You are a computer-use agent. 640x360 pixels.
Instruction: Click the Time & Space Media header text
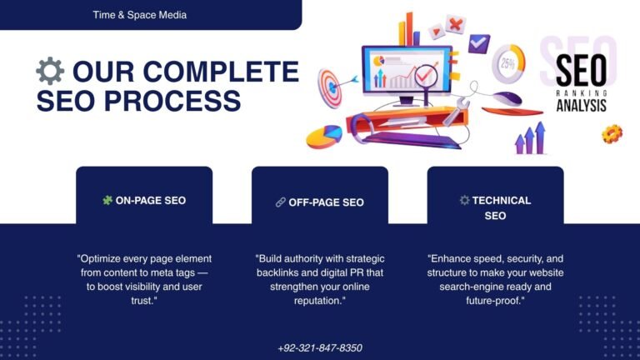pos(140,15)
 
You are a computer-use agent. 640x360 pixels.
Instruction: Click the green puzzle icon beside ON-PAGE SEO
pos(107,200)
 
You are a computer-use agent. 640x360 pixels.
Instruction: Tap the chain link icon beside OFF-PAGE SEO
pos(280,202)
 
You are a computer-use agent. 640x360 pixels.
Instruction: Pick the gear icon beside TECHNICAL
pos(464,200)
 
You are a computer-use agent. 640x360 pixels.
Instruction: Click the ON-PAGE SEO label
pos(151,201)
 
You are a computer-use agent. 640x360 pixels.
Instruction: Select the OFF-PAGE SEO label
pos(326,202)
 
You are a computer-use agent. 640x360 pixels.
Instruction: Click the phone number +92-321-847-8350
pos(320,347)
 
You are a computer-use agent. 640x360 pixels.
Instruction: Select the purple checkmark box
pos(478,42)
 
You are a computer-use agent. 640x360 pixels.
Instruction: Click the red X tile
pos(455,24)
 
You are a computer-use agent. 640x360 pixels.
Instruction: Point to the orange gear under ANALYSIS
pos(612,132)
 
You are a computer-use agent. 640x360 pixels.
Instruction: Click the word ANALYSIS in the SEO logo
pos(581,106)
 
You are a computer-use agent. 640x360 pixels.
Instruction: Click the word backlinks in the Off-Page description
pos(278,272)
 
